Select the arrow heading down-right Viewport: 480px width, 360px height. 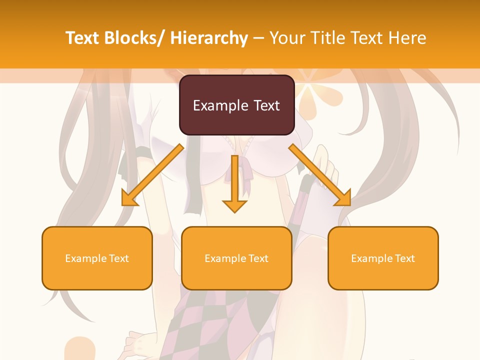320,175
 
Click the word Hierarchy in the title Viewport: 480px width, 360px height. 209,38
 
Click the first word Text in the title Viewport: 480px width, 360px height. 82,38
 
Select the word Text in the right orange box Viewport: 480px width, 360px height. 404,258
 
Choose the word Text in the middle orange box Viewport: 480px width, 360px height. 258,258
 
